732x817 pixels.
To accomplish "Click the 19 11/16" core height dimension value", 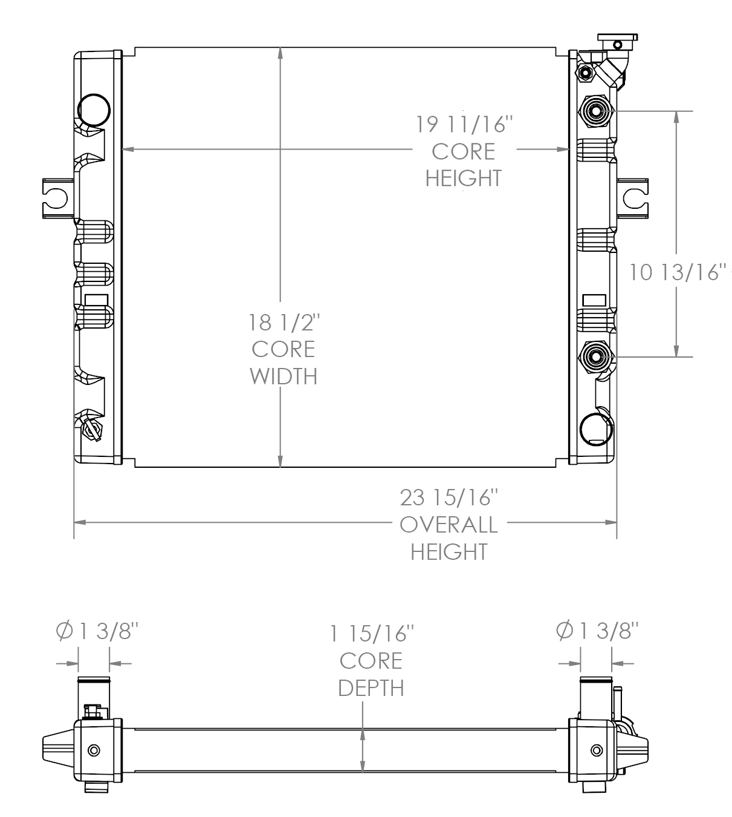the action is click(464, 124).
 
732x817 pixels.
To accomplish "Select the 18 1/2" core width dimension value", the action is click(283, 323).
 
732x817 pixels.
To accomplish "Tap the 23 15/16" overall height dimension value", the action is click(449, 497).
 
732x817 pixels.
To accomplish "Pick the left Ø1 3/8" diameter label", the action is click(97, 631).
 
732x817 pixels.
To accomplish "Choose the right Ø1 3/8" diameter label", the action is click(597, 631).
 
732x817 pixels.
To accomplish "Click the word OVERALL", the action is click(449, 525).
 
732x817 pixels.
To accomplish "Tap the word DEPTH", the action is click(371, 688).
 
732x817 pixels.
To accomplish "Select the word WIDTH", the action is click(283, 376).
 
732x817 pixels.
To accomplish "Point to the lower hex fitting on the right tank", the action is click(595, 357).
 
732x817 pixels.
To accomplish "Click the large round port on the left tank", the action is click(94, 110).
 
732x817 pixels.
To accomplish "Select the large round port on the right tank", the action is click(596, 430).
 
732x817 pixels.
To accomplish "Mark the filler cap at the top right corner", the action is click(617, 42).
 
